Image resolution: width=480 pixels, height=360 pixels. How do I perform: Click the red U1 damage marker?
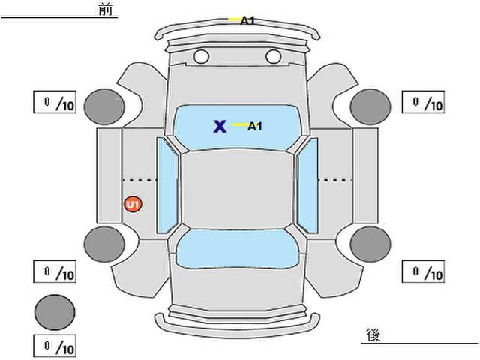point(133,204)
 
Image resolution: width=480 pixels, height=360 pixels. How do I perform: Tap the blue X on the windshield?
point(220,127)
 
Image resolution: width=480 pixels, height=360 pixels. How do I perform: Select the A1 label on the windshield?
point(255,126)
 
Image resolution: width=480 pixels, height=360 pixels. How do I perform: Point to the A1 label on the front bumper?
point(247,20)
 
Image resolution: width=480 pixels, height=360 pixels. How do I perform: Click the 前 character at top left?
point(106,9)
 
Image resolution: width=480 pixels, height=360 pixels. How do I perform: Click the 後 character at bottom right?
point(373,334)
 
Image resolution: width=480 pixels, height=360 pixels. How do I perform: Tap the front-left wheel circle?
point(104,107)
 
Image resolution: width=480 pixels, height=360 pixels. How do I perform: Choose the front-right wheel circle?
point(370,106)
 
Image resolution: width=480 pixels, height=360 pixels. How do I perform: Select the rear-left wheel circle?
point(104,244)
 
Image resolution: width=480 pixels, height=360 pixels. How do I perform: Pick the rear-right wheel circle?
point(370,244)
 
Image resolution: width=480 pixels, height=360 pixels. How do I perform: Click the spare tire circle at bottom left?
point(55,312)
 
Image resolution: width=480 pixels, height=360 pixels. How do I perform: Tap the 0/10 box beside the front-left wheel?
point(55,102)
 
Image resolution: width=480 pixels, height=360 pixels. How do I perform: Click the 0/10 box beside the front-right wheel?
point(423,102)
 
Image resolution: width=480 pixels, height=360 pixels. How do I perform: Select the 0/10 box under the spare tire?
point(55,346)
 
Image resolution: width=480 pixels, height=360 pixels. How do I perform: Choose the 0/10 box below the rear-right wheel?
point(423,271)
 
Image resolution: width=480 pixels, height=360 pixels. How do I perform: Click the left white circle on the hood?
point(202,57)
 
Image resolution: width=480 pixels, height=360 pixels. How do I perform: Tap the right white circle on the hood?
point(274,57)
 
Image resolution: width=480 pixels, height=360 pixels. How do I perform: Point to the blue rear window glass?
point(237,249)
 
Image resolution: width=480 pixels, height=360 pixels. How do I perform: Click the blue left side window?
point(166,185)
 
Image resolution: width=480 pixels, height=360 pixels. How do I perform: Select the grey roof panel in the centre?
point(237,190)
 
